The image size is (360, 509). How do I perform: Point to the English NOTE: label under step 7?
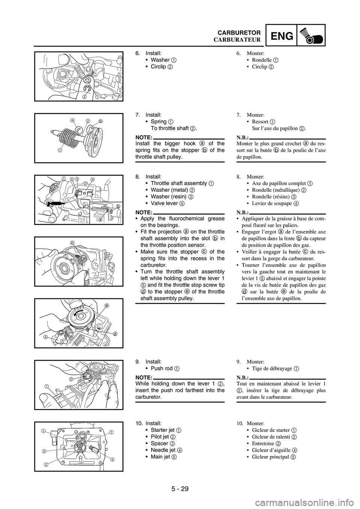point(144,137)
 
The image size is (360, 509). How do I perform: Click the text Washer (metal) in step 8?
point(169,190)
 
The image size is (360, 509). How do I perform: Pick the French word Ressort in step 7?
point(260,122)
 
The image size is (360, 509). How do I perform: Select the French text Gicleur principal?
point(270,457)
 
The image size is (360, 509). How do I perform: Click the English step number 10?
point(139,423)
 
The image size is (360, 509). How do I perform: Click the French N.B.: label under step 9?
point(243,377)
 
